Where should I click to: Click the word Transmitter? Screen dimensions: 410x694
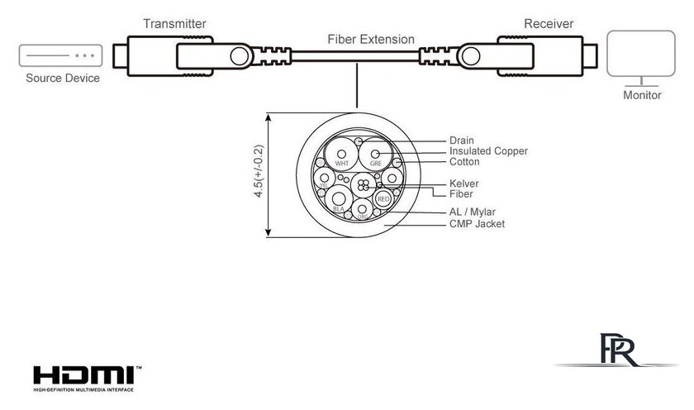click(174, 24)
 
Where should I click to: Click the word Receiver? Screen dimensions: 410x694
click(549, 23)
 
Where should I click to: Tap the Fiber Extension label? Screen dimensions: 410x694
click(371, 39)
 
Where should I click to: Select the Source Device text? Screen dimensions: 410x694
click(63, 79)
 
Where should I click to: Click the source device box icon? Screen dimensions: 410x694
click(58, 55)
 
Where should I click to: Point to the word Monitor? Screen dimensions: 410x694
click(642, 95)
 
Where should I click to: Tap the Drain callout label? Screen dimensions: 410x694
click(462, 141)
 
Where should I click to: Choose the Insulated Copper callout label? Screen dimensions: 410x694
click(488, 151)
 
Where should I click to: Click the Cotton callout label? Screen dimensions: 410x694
click(464, 162)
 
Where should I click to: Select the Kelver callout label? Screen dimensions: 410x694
click(464, 183)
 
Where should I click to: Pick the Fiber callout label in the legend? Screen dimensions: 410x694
click(461, 194)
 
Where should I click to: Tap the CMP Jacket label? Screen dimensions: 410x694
click(477, 224)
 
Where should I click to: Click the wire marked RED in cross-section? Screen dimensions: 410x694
click(383, 198)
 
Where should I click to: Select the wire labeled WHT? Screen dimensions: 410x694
click(340, 155)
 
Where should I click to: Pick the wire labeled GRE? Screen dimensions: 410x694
click(376, 155)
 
